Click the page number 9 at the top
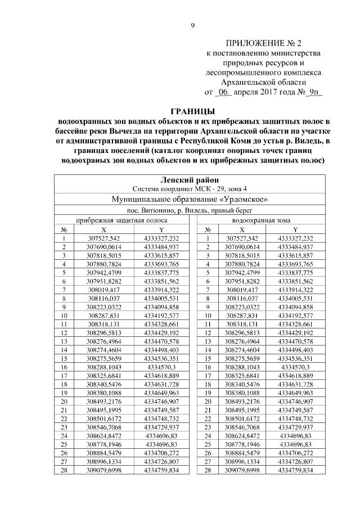[192, 25]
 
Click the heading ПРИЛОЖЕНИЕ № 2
[264, 43]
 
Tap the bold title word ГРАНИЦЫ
[192, 110]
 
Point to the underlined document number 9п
[313, 91]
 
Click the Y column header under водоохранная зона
[295, 229]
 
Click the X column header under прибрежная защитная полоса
[103, 229]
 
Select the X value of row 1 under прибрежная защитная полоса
[103, 238]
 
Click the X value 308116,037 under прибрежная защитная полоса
[103, 298]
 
